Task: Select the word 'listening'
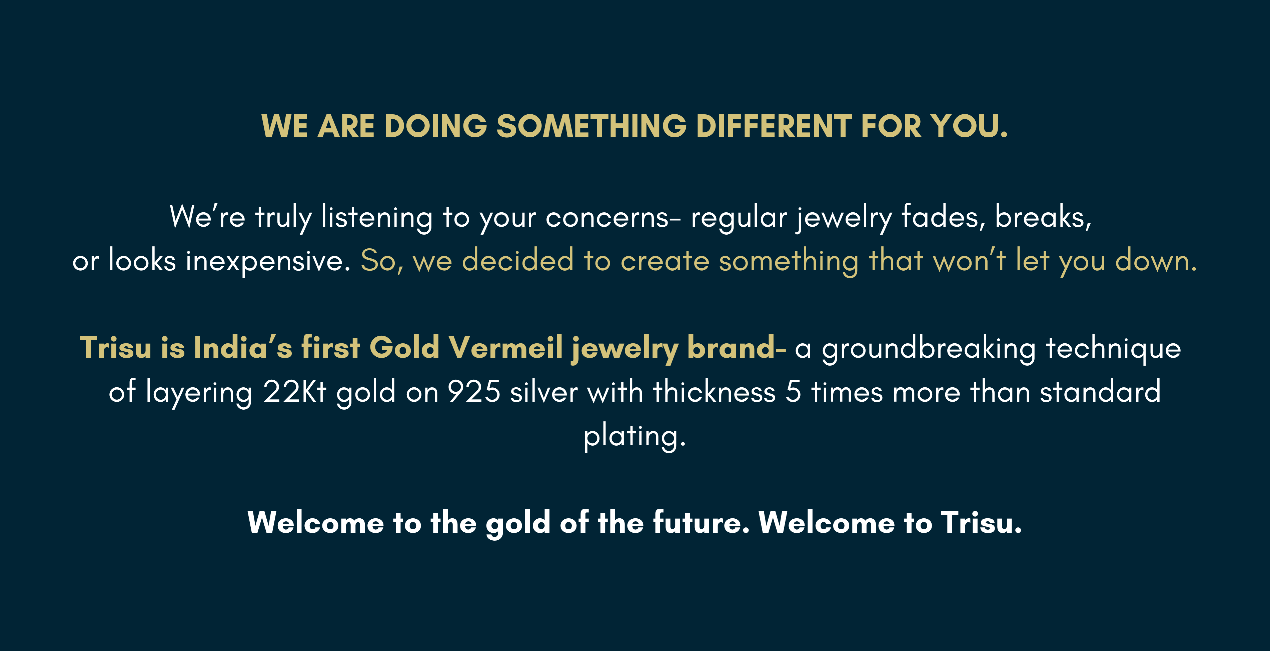click(x=377, y=218)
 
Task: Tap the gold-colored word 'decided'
click(x=518, y=260)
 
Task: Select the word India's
click(x=243, y=347)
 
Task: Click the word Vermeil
click(x=505, y=347)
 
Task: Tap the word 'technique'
click(x=1114, y=349)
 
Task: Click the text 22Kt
click(x=294, y=392)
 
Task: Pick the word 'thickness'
click(x=715, y=392)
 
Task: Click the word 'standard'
click(x=1100, y=392)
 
